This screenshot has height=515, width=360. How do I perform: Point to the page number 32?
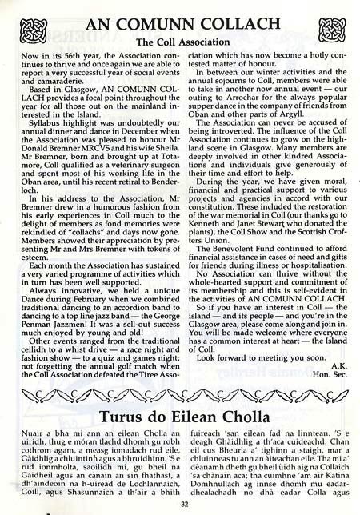point(180,503)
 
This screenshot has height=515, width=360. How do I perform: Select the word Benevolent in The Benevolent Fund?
point(233,236)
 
